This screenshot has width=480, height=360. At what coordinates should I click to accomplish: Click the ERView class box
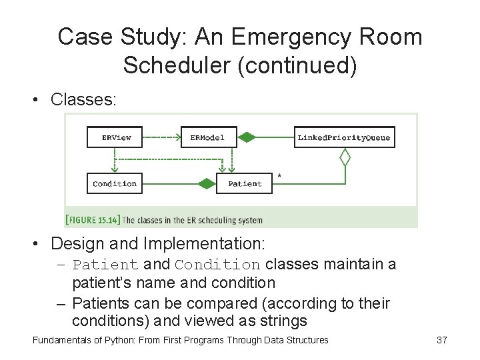tap(115, 137)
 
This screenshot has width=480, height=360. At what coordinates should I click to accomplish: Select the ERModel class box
tap(208, 137)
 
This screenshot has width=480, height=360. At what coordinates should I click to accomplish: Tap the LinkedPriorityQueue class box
tap(344, 137)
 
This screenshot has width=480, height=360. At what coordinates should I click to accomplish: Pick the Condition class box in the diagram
tap(115, 183)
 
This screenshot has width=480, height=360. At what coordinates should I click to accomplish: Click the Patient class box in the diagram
tap(245, 183)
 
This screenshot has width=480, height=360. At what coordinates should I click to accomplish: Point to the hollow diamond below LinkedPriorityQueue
tap(345, 157)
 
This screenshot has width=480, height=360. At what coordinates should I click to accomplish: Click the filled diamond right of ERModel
tap(247, 137)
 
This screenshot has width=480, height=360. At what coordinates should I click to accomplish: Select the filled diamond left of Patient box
tap(207, 183)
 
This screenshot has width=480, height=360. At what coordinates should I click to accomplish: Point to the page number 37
tap(441, 340)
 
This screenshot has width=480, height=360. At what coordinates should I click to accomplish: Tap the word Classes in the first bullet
tap(83, 100)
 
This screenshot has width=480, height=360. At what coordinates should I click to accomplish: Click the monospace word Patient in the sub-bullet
tap(105, 265)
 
